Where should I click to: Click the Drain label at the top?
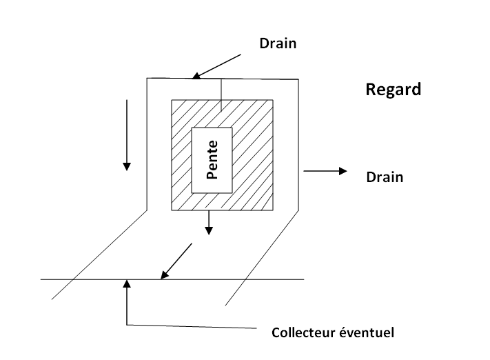(278, 43)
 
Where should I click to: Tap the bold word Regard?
(392, 90)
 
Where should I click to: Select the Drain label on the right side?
(384, 177)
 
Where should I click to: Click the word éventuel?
(369, 332)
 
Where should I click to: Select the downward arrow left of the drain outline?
(127, 134)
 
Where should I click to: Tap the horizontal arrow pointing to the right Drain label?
(324, 170)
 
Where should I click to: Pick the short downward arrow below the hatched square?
(209, 222)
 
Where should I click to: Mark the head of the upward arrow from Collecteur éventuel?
(127, 283)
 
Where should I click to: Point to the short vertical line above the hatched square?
(221, 95)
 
